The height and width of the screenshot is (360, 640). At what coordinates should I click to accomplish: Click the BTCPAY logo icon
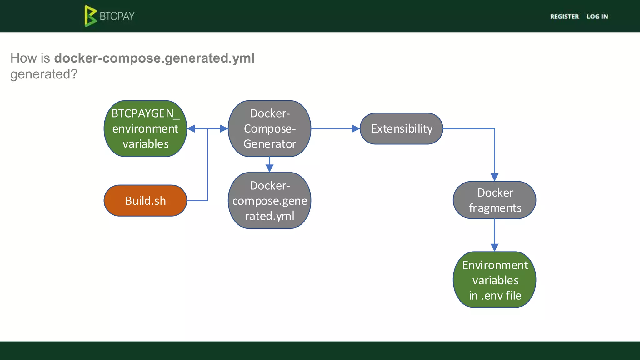[90, 16]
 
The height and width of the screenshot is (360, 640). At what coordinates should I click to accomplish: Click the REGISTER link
[564, 17]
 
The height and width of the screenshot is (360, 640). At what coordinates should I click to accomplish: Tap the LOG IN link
[597, 17]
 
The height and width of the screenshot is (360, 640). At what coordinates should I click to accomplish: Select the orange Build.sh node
[145, 201]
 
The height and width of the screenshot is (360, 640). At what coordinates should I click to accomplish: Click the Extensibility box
[402, 129]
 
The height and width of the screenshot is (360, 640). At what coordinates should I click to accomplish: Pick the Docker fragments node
[495, 200]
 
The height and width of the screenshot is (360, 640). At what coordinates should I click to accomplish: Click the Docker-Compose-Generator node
[269, 128]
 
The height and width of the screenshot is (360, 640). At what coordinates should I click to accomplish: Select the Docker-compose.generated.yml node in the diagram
[269, 201]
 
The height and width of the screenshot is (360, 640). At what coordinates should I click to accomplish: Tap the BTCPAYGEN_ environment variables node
[145, 128]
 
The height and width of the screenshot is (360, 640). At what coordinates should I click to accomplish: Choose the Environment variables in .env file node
[495, 280]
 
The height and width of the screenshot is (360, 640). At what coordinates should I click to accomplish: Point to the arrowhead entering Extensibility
[356, 128]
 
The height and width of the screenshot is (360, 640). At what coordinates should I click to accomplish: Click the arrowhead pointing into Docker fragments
[494, 177]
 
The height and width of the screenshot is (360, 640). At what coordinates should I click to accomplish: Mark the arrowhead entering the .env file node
[494, 247]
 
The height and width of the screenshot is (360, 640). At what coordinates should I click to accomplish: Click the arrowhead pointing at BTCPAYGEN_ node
[191, 128]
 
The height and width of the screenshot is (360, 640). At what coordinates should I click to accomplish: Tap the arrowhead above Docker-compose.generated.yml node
[269, 168]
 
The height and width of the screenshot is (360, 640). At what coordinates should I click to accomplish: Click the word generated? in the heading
[44, 74]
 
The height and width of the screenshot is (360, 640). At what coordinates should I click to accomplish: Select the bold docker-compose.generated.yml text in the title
[154, 58]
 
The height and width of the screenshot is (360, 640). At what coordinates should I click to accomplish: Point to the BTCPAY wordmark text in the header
[117, 16]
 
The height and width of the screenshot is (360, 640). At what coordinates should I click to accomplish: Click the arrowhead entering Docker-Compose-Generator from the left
[224, 128]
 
